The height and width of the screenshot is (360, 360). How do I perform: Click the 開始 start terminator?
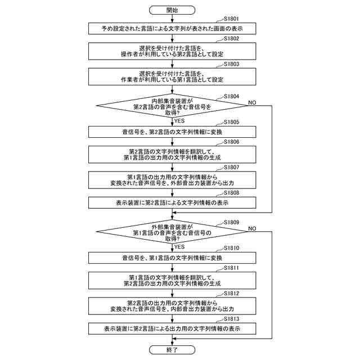click(x=172, y=10)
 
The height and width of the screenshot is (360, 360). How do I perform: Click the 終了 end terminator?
click(x=172, y=349)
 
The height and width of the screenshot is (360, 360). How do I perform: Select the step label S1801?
click(x=231, y=20)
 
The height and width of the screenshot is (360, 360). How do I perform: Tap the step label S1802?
click(x=231, y=39)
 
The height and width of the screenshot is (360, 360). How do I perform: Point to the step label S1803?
click(x=231, y=64)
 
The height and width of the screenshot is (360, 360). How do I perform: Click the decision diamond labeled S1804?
click(x=172, y=105)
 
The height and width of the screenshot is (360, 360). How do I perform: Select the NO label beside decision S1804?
click(x=252, y=102)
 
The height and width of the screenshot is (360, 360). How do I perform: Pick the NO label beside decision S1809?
click(x=252, y=228)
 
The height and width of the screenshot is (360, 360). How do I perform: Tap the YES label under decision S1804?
click(x=180, y=120)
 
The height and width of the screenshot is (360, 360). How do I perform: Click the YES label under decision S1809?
click(x=180, y=246)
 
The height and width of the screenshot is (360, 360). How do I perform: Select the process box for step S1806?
click(x=172, y=154)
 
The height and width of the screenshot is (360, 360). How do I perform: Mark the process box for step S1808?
click(x=172, y=202)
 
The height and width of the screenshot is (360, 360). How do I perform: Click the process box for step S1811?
click(x=172, y=280)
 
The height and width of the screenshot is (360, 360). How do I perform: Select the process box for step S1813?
click(x=172, y=328)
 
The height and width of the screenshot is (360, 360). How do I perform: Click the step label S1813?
click(x=231, y=319)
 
